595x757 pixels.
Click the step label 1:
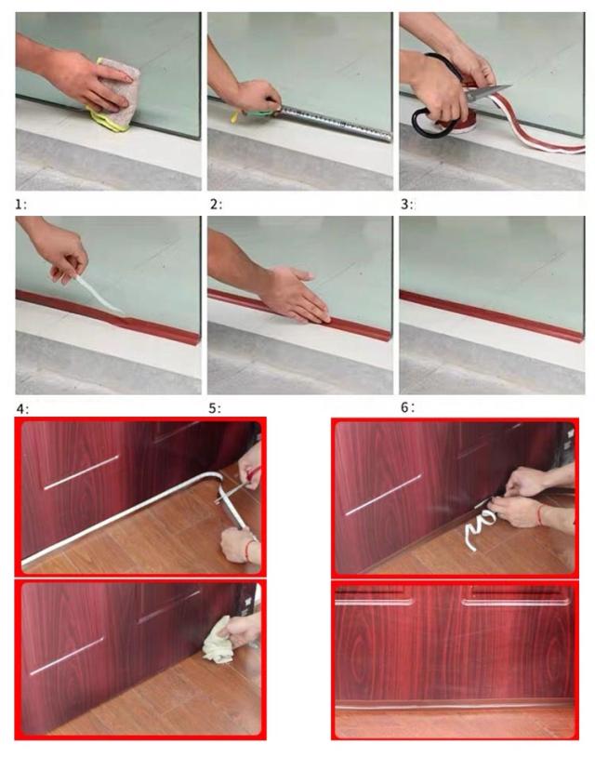pyautogui.click(x=20, y=205)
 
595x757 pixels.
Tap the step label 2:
pyautogui.click(x=216, y=205)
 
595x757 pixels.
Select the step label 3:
pyautogui.click(x=407, y=205)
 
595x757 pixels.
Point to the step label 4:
pyautogui.click(x=22, y=409)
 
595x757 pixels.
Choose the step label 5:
pyautogui.click(x=215, y=408)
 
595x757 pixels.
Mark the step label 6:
pyautogui.click(x=407, y=407)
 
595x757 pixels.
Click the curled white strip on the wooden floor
pyautogui.click(x=480, y=526)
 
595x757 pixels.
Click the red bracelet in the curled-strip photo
pyautogui.click(x=540, y=515)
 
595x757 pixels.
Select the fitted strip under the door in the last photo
pyautogui.click(x=455, y=708)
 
